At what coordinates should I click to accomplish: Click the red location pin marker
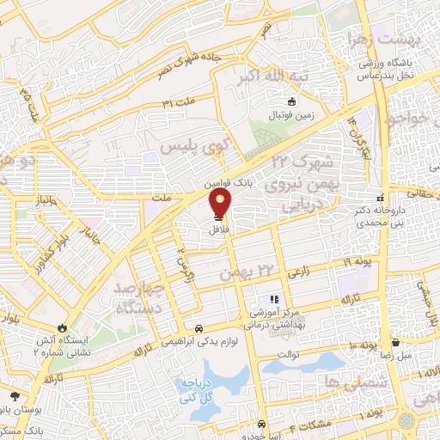click(x=221, y=203)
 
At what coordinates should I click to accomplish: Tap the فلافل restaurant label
click(x=219, y=230)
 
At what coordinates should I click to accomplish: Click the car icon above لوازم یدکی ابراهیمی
click(x=199, y=328)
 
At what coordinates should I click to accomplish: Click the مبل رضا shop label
click(x=399, y=354)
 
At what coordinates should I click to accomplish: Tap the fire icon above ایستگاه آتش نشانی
click(x=61, y=327)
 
